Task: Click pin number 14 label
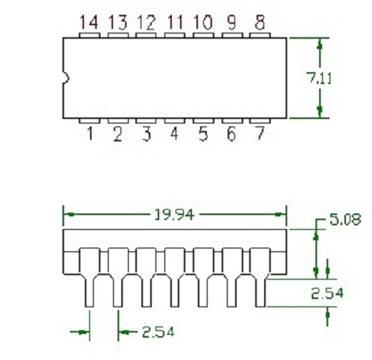click(x=89, y=22)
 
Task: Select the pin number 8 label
click(x=259, y=22)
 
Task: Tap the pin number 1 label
click(x=89, y=135)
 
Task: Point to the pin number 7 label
click(x=259, y=135)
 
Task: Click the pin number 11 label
click(x=174, y=22)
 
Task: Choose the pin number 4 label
click(x=174, y=135)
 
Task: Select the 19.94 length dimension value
click(x=174, y=215)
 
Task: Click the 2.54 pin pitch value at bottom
click(x=157, y=332)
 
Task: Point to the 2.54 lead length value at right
click(x=327, y=293)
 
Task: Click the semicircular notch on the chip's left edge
click(x=65, y=77)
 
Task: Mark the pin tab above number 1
click(x=89, y=120)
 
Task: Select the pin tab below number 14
click(x=89, y=34)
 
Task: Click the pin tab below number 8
click(x=259, y=34)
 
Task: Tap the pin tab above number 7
click(x=259, y=120)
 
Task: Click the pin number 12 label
click(x=146, y=22)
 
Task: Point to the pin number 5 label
click(x=202, y=135)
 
